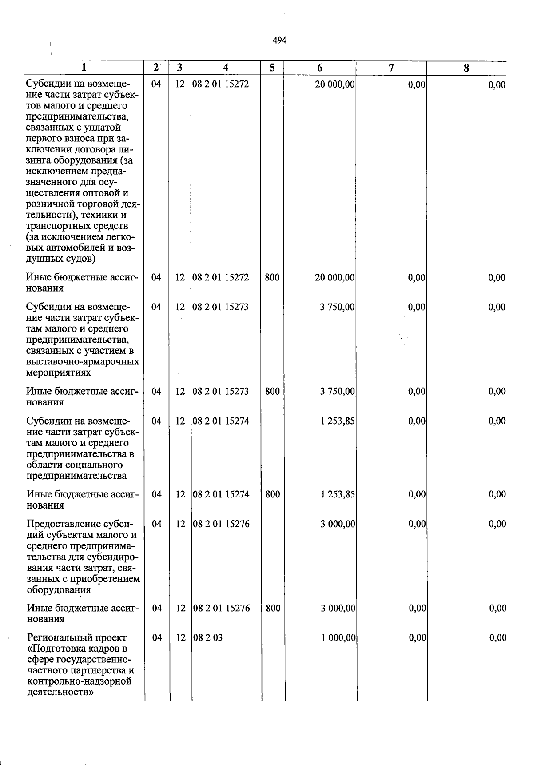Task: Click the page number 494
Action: tap(279, 40)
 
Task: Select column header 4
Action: tap(226, 68)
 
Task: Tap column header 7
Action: tap(391, 68)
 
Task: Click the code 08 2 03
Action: tap(208, 637)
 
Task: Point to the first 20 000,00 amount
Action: tap(334, 84)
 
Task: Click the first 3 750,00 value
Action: tap(337, 307)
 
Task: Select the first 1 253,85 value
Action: tap(337, 421)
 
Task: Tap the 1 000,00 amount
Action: tap(338, 637)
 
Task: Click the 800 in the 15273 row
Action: tap(272, 391)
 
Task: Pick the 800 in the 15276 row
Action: tap(273, 608)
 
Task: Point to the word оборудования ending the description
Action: tap(59, 590)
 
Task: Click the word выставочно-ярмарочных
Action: tap(83, 362)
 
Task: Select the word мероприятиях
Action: tap(59, 373)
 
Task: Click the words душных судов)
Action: tap(61, 258)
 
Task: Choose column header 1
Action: tap(84, 68)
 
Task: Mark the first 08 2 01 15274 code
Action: tap(221, 421)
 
